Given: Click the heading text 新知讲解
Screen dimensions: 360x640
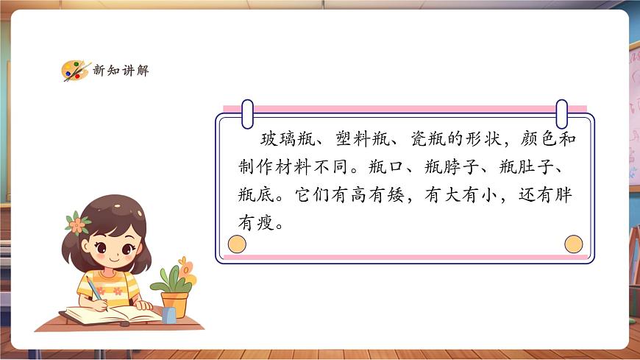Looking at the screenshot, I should (121, 71).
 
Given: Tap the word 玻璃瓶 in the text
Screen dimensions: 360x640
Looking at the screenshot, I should (280, 140).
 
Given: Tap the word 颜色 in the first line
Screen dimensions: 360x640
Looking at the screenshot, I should (537, 140).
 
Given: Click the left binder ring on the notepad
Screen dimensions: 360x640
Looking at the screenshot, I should (247, 113).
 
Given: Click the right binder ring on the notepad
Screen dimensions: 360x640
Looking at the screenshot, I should (562, 113).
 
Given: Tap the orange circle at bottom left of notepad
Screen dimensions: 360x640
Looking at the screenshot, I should (238, 244).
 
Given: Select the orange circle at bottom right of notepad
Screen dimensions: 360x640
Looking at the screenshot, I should (573, 244).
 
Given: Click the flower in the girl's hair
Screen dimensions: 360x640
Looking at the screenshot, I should (77, 222).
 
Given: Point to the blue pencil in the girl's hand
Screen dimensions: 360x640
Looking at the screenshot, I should (94, 287).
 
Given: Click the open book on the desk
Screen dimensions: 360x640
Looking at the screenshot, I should (110, 315).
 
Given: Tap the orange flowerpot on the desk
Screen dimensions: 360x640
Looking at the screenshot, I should (174, 303).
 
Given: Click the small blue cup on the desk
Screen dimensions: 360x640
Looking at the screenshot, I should (169, 315).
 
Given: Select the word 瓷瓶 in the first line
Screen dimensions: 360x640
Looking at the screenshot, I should (422, 140).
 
